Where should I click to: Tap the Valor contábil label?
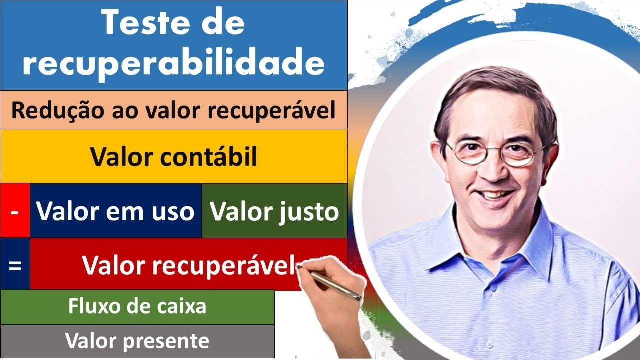coord(173,156)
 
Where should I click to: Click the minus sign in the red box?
coord(15,211)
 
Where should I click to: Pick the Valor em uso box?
coord(115,211)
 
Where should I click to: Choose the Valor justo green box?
coord(274,211)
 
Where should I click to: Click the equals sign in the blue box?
coord(15,264)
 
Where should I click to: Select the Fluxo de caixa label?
coord(137,306)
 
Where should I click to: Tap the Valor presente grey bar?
coord(137,341)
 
